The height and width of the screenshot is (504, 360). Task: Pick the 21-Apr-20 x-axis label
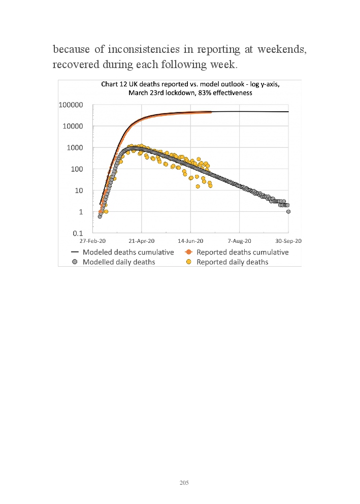coord(142,241)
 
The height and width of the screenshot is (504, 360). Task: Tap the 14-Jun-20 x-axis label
coord(191,241)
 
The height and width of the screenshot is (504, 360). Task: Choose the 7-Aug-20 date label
coord(240,241)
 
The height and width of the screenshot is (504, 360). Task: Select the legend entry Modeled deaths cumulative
coord(128,252)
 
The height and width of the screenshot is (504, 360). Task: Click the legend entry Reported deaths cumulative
coord(242,252)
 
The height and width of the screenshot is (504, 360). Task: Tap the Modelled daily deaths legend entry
coord(119,262)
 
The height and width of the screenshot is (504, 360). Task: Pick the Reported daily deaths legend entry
coord(232,262)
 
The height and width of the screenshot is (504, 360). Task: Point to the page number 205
coord(184,483)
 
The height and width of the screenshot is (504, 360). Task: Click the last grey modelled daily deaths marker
coord(288,211)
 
